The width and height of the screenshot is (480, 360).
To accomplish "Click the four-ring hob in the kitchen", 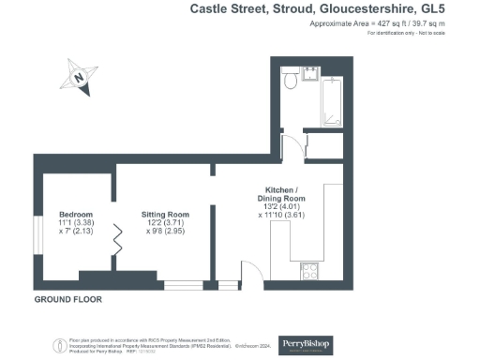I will tap(310, 272).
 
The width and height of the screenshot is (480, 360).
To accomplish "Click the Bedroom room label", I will tap(76, 215).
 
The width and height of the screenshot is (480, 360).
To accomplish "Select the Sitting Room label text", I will tap(165, 215).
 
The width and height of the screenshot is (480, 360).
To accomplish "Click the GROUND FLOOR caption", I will tap(67, 300).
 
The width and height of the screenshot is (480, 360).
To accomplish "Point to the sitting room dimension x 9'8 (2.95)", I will tap(166, 232).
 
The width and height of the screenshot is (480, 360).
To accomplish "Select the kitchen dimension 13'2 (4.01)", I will tap(282, 207).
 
